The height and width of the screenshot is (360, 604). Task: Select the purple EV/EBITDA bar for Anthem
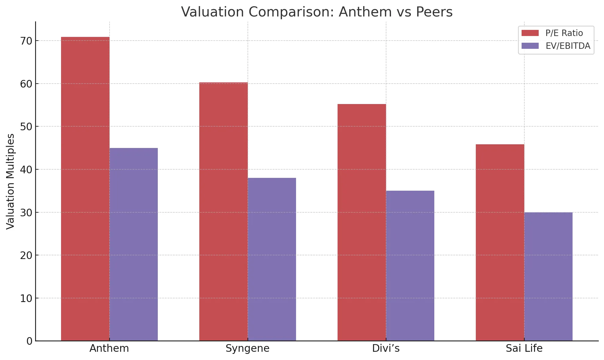click(x=134, y=244)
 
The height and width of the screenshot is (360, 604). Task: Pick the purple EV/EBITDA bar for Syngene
click(x=272, y=259)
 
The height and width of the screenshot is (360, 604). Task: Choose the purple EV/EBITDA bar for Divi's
click(x=410, y=265)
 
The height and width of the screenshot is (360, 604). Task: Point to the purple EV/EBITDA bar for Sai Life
click(x=548, y=276)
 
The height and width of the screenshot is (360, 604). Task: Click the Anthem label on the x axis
click(x=109, y=348)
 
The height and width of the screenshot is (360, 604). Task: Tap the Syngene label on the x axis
click(x=248, y=348)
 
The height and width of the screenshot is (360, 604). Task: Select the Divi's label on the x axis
click(x=386, y=348)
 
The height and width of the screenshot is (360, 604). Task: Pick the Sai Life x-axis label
click(x=524, y=348)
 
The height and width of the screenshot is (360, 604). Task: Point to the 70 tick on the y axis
click(x=26, y=41)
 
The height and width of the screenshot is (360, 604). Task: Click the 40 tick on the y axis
click(x=26, y=170)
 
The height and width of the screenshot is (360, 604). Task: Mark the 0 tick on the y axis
click(x=29, y=341)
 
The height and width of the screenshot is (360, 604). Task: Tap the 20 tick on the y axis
click(x=26, y=255)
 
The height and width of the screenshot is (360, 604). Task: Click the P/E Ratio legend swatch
click(x=530, y=33)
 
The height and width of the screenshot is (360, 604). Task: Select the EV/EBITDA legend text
click(x=568, y=46)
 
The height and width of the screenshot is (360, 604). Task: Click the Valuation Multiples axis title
click(x=10, y=181)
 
